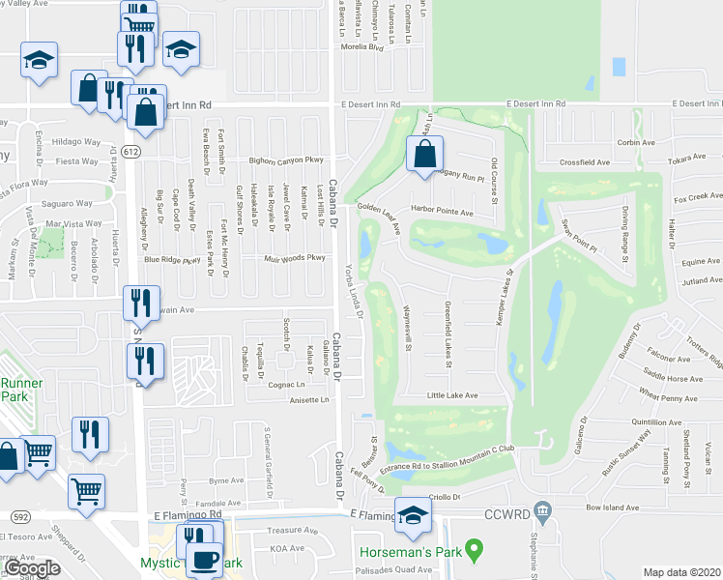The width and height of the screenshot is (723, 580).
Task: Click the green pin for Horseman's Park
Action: point(473,551)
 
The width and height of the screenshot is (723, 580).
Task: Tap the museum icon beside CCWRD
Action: point(542,509)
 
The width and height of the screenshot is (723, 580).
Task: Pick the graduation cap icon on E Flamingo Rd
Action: point(413,515)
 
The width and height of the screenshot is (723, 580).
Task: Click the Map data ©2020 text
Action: point(680,572)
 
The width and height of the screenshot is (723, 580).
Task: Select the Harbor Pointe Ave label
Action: point(443,212)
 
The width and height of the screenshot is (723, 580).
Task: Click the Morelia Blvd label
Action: point(361,46)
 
